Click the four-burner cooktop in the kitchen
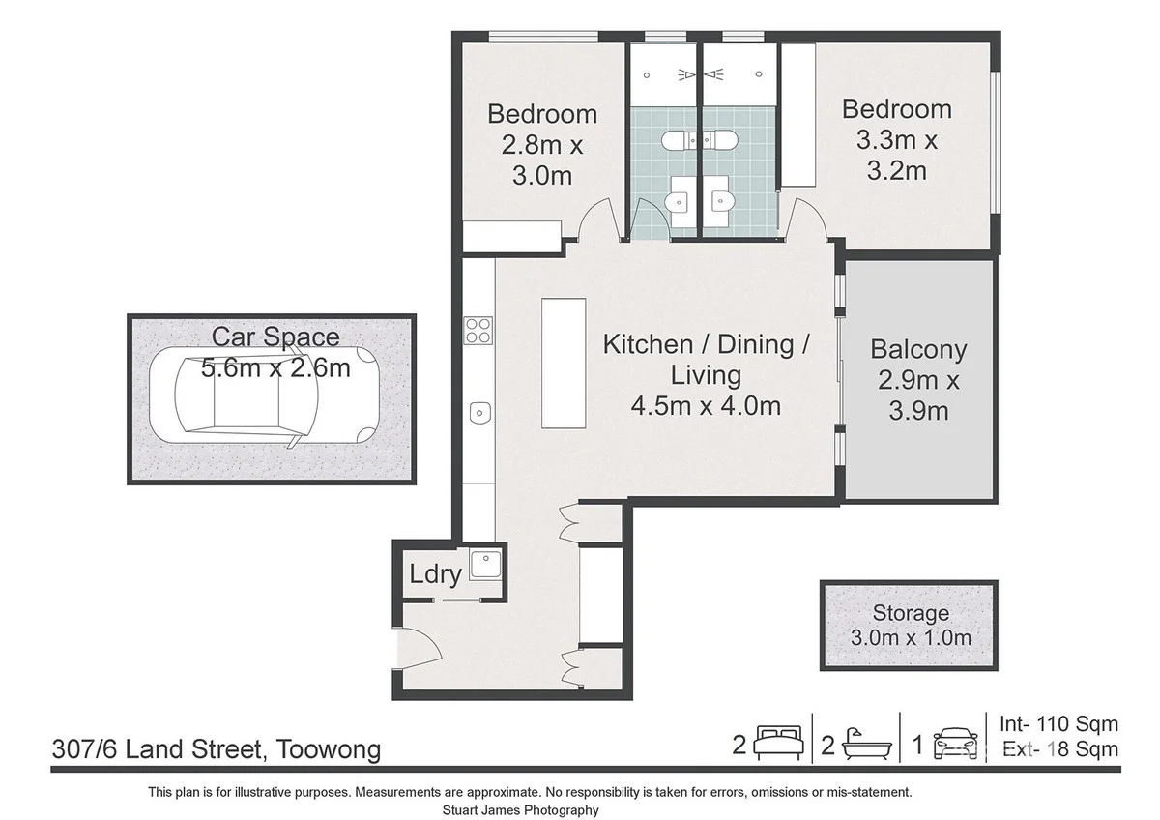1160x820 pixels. (x=478, y=331)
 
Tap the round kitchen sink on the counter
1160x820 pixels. (x=480, y=413)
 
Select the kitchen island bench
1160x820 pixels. (x=564, y=364)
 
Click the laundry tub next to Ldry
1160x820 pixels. (x=485, y=564)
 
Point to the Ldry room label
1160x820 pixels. (x=435, y=574)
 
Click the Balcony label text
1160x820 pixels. (x=918, y=349)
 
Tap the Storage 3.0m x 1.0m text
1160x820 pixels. (x=911, y=626)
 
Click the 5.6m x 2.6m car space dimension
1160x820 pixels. (x=275, y=368)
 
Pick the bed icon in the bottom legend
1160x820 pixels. (x=778, y=743)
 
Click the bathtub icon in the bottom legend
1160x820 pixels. (x=867, y=745)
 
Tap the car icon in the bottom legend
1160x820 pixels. (x=955, y=744)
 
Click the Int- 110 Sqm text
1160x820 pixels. (x=1058, y=723)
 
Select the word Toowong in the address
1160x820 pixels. (x=329, y=750)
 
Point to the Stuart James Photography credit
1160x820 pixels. (x=520, y=810)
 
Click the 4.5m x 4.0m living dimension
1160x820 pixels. (x=706, y=405)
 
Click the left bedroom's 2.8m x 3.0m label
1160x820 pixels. (x=542, y=161)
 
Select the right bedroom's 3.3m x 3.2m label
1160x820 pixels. (x=897, y=156)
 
